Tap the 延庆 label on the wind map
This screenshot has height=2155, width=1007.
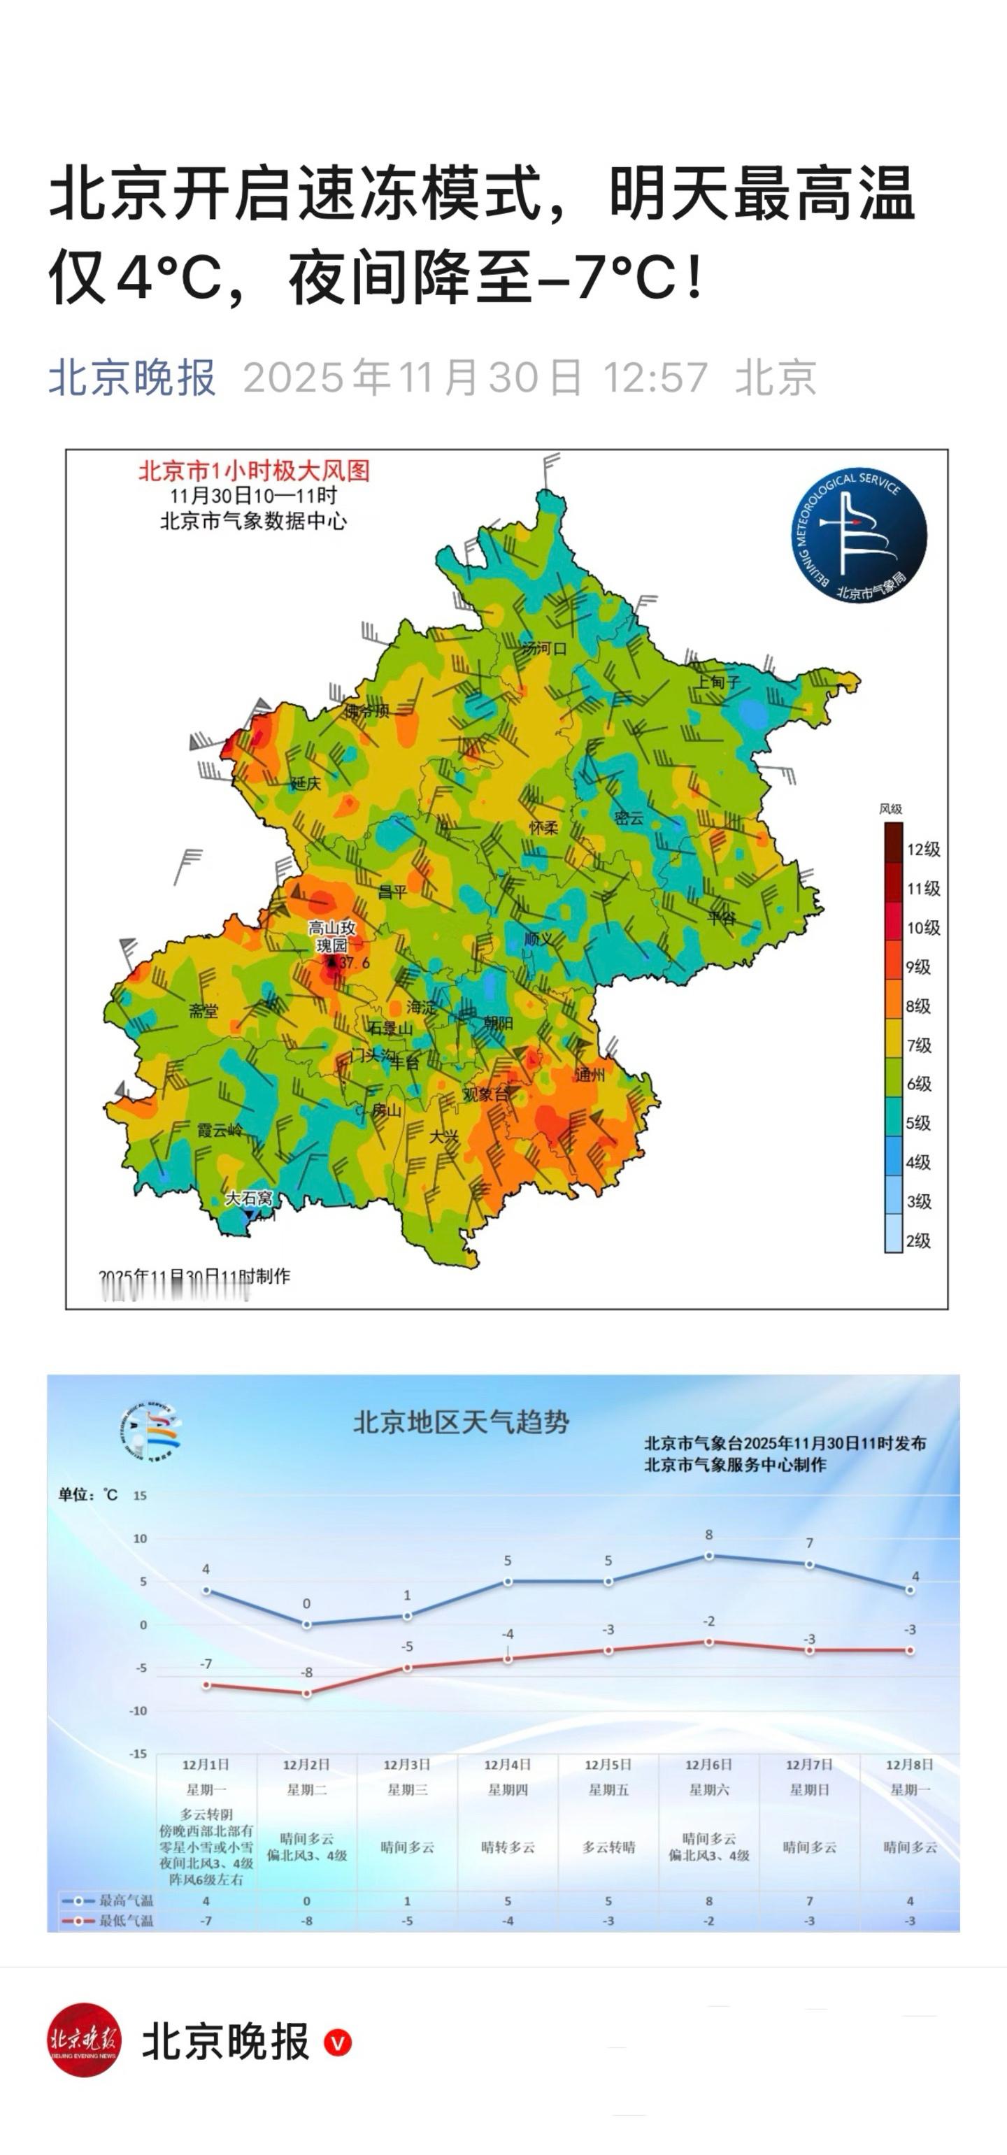(306, 783)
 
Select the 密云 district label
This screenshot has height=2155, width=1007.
(629, 818)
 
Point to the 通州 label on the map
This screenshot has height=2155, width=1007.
(590, 1074)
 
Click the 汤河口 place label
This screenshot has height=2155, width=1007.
(543, 648)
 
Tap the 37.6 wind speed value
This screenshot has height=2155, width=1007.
(354, 963)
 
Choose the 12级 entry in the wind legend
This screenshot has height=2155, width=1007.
(922, 849)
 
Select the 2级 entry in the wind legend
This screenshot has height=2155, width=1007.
(918, 1240)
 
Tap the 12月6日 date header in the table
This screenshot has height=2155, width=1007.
(708, 1764)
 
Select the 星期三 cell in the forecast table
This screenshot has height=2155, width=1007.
(407, 1789)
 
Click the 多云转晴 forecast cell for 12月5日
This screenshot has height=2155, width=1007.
(608, 1847)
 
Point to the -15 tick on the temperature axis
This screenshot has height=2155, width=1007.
(138, 1754)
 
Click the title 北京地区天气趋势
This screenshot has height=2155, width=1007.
(461, 1422)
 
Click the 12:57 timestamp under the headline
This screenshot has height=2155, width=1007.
(656, 378)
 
